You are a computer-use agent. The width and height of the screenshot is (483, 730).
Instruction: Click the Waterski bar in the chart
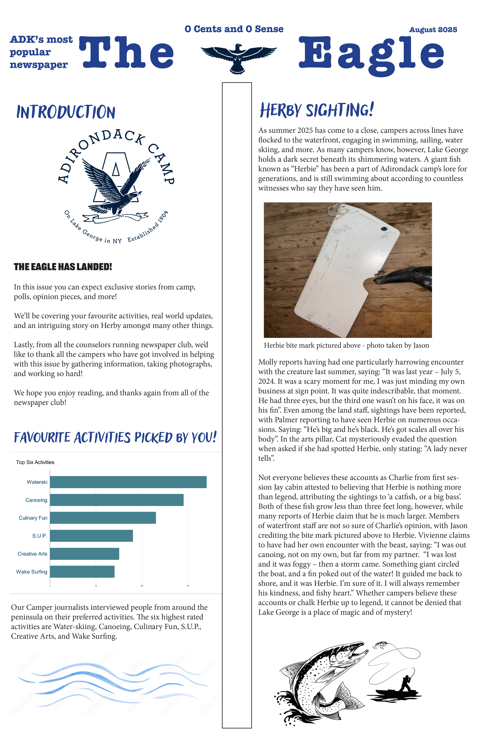128,482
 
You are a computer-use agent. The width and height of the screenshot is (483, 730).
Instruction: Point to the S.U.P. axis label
40,536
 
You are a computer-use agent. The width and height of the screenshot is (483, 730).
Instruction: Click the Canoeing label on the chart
36,500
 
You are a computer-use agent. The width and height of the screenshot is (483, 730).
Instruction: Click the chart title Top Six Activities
35,462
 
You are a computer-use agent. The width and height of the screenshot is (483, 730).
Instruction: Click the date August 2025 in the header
433,30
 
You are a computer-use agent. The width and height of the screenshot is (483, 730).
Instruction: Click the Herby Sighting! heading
317,110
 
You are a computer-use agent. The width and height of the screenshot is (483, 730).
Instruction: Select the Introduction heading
66,112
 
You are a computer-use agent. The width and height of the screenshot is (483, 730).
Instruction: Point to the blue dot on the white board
384,229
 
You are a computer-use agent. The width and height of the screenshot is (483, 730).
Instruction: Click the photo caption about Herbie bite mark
346,345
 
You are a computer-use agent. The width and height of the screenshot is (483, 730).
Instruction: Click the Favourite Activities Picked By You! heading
115,437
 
